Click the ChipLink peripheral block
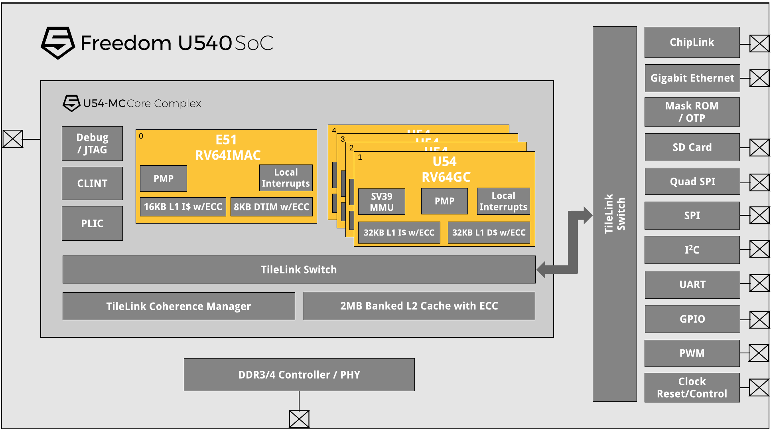click(x=692, y=42)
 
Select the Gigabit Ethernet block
click(x=692, y=78)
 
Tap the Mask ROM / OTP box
click(x=692, y=112)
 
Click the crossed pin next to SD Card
click(x=759, y=148)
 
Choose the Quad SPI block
click(x=692, y=182)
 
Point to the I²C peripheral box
click(x=692, y=250)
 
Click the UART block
click(x=692, y=285)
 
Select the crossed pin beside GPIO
click(x=759, y=320)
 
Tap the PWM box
click(x=692, y=353)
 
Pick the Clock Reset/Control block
click(x=692, y=388)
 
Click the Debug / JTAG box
click(x=92, y=144)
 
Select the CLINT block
click(x=92, y=183)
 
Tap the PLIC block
click(x=92, y=224)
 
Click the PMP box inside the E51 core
click(x=164, y=178)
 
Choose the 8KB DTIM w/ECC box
click(x=271, y=207)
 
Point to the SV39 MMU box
click(x=382, y=202)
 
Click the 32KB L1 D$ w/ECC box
click(x=489, y=233)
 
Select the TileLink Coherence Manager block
click(x=179, y=306)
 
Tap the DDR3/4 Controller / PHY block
click(x=299, y=375)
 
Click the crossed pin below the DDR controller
click(x=299, y=419)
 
